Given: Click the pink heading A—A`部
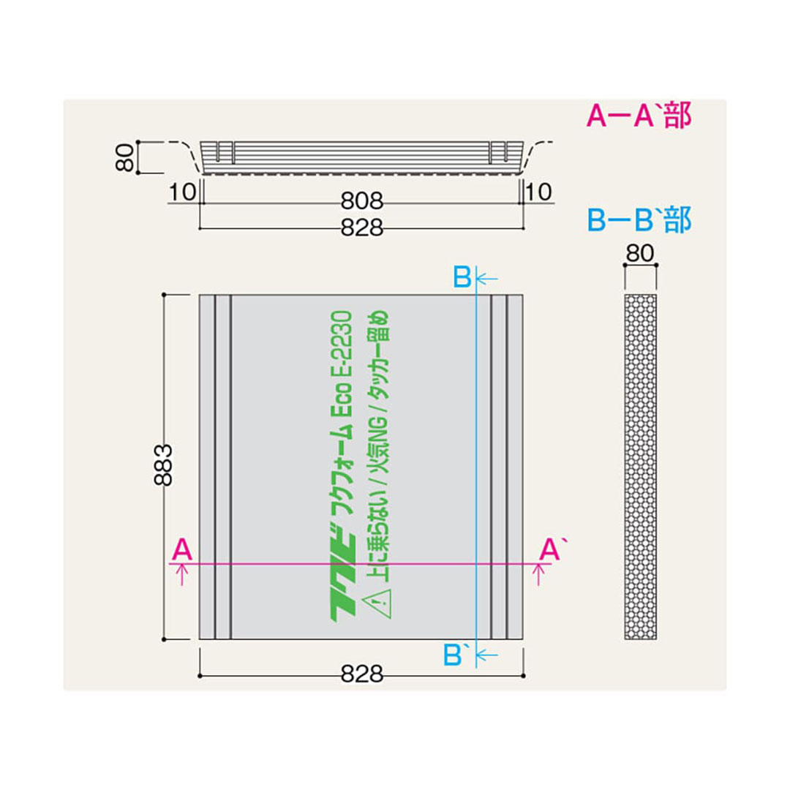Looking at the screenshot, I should [x=639, y=116].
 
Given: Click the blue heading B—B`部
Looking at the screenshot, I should [x=639, y=219].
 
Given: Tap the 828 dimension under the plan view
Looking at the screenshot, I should [x=361, y=675].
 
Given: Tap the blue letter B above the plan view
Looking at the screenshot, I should [x=461, y=276].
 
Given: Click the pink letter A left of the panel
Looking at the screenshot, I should [x=183, y=549].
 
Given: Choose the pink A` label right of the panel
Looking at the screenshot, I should [x=552, y=549].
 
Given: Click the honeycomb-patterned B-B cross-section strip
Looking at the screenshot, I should [x=640, y=468].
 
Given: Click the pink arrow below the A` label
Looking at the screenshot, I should [x=539, y=576].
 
